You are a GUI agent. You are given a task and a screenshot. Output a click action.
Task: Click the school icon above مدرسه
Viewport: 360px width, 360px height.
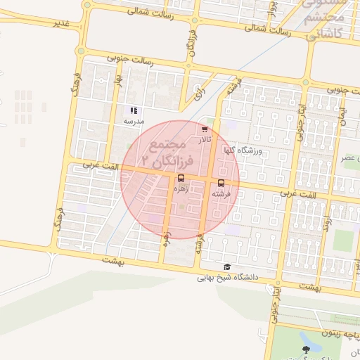pos(134,110)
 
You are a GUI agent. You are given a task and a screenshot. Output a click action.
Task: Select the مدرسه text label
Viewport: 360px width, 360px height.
pos(134,121)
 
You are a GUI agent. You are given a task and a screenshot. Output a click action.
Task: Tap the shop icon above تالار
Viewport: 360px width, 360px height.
pos(204,129)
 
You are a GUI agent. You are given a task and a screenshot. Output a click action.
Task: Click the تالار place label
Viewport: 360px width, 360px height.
pos(204,140)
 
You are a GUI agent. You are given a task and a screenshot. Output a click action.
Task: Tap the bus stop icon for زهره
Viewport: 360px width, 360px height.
pos(182,178)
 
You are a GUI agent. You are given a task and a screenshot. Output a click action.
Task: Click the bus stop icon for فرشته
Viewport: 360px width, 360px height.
pos(221,184)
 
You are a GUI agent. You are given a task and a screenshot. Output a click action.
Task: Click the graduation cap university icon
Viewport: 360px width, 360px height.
pos(226,267)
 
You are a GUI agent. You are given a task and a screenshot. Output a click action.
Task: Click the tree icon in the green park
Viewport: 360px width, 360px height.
pos(305,349)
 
